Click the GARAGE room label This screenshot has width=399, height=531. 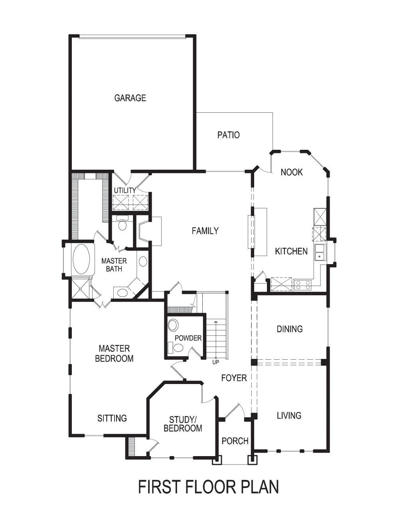(x=130, y=98)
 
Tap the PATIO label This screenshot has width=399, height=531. (x=229, y=135)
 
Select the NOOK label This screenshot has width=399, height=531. (x=292, y=172)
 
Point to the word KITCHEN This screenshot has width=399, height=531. (x=291, y=251)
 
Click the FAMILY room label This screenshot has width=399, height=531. (x=205, y=231)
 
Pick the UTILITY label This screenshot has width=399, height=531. (x=125, y=190)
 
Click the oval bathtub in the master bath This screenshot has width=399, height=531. (x=81, y=259)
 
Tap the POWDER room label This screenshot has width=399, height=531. (x=188, y=338)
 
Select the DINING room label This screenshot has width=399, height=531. (x=290, y=329)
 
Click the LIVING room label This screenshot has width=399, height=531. (x=289, y=416)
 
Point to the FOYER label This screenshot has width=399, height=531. (x=234, y=378)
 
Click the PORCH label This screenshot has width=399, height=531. (x=235, y=441)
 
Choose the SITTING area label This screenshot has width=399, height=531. (x=112, y=418)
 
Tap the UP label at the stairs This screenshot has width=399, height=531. (x=216, y=362)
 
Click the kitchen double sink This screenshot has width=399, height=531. (x=320, y=252)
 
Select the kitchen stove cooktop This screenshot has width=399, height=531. (x=302, y=284)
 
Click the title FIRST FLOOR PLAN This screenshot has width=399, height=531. (x=208, y=487)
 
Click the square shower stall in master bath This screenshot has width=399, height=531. (x=81, y=288)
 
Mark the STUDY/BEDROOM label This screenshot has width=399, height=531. (x=183, y=424)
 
